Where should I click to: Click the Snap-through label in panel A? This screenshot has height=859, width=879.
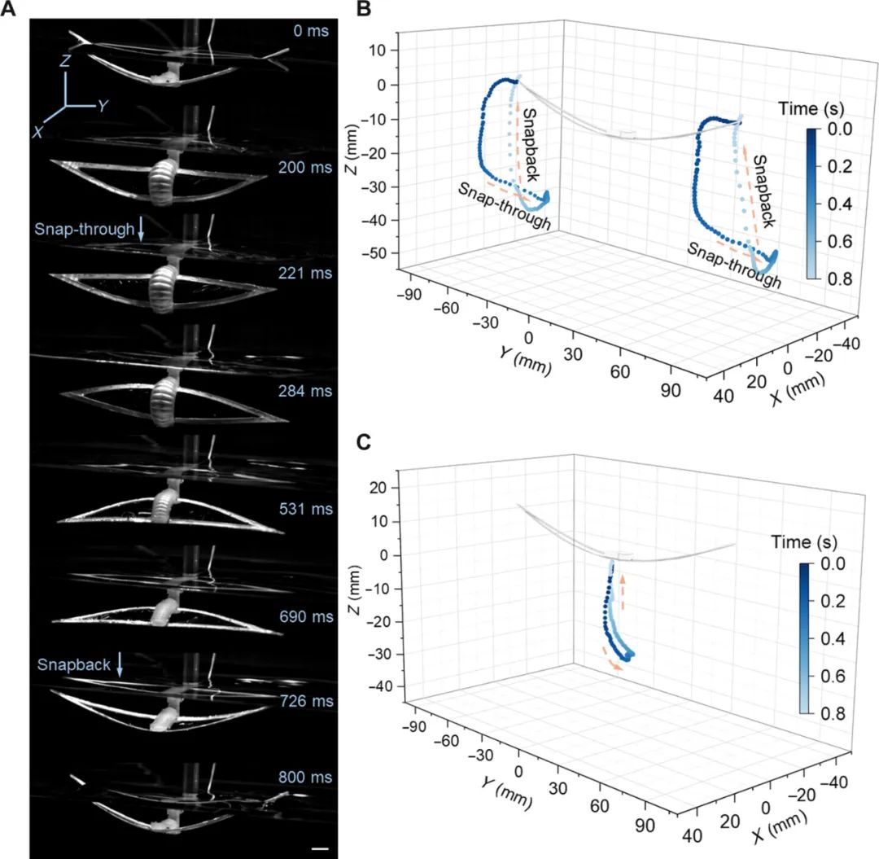pos(84,230)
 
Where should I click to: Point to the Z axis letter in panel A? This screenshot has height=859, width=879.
pos(70,59)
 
